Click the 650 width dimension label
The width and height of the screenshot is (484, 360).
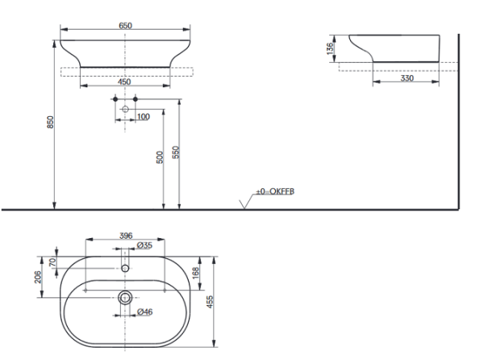[126, 26]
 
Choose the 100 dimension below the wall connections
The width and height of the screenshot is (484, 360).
[143, 118]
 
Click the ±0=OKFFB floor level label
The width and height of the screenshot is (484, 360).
[275, 192]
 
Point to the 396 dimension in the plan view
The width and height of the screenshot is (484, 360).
[126, 236]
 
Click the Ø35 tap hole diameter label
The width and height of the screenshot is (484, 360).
[145, 245]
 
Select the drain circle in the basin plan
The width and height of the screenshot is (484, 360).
[126, 298]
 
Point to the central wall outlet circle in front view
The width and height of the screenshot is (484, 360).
[126, 108]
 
